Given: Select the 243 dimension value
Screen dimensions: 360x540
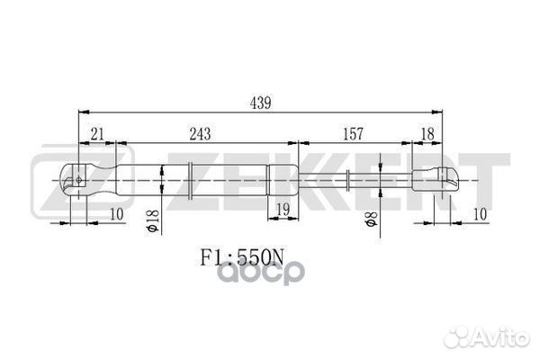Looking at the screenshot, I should click(x=200, y=134).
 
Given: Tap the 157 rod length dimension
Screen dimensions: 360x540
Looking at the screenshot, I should click(x=353, y=134).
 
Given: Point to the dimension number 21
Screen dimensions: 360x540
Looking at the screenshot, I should click(x=96, y=134).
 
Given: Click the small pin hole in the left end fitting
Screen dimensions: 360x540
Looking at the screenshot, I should click(x=80, y=179).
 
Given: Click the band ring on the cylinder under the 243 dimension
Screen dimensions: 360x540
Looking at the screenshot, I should click(x=191, y=179).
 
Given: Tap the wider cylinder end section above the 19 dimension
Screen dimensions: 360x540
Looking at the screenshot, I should click(x=281, y=179).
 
